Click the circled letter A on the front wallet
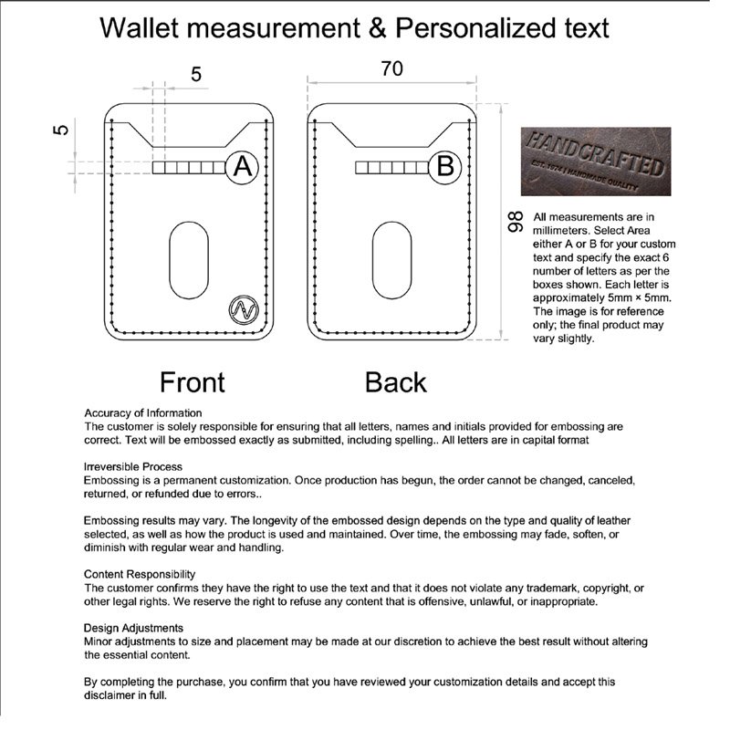pos(242,167)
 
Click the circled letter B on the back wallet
pos(445,167)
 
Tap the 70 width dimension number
pos(392,68)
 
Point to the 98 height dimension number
pos(515,222)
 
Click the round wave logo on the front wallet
pos(243,309)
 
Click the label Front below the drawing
pos(192,381)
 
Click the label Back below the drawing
pos(395,381)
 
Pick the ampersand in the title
pos(375,27)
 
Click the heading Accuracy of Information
pos(143,412)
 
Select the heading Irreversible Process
pos(133,466)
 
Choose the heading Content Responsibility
pos(140,574)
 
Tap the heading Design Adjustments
pos(133,628)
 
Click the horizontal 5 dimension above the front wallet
pos(196,75)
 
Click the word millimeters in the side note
pos(572,231)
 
